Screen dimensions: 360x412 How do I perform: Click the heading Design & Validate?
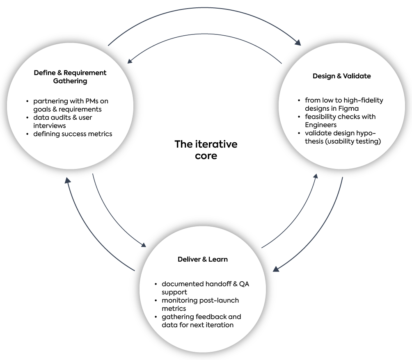(341, 76)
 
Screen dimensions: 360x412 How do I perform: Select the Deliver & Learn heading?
(203, 259)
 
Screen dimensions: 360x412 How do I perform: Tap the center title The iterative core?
(206, 150)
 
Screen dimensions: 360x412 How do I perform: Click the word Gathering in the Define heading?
(70, 81)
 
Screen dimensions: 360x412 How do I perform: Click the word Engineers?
(320, 125)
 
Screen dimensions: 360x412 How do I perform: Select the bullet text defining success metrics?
(73, 134)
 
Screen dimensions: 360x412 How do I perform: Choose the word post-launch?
(219, 300)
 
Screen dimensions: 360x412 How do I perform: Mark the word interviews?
(49, 125)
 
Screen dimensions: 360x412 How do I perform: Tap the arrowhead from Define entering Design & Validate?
(298, 42)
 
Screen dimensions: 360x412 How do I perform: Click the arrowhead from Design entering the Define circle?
(129, 62)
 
